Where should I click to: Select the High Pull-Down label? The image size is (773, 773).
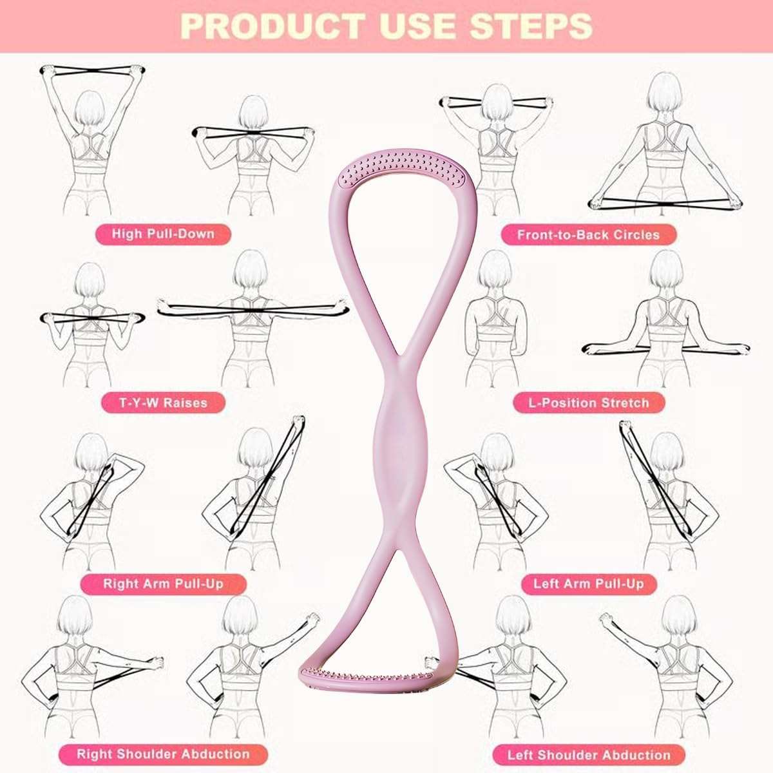click(x=163, y=233)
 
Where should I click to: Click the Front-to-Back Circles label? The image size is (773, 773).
click(x=588, y=234)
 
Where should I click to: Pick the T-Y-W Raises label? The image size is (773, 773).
click(x=163, y=403)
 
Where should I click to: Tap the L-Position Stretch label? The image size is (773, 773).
click(x=588, y=403)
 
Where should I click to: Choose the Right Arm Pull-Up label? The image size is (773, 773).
click(x=163, y=584)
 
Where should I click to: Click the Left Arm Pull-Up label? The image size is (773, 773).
click(x=588, y=584)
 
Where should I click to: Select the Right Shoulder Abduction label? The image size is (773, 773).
click(x=163, y=754)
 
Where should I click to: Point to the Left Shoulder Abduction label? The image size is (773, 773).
click(x=588, y=754)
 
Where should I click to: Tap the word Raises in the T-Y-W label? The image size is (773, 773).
click(x=185, y=403)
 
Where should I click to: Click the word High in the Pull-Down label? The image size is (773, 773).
click(x=126, y=233)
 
